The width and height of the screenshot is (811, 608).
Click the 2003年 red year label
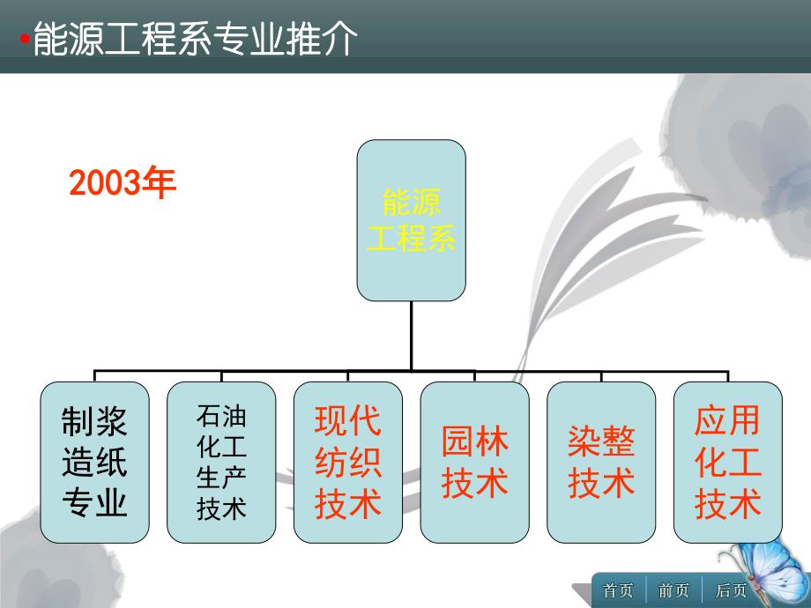pyautogui.click(x=123, y=183)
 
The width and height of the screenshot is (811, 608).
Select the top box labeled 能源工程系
pyautogui.click(x=411, y=220)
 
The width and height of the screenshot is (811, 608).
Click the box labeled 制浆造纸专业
pyautogui.click(x=94, y=461)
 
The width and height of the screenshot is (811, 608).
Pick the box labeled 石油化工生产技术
pyautogui.click(x=221, y=461)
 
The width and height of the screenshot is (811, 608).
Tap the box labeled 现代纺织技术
pyautogui.click(x=348, y=461)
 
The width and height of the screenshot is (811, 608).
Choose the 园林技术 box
pyautogui.click(x=474, y=461)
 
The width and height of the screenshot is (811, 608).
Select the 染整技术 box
pyautogui.click(x=601, y=461)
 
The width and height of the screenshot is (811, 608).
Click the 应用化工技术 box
pyautogui.click(x=727, y=461)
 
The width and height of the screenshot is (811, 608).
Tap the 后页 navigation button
pyautogui.click(x=731, y=590)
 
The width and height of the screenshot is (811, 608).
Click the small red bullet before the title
pyautogui.click(x=25, y=41)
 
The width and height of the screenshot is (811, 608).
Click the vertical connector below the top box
pyautogui.click(x=411, y=335)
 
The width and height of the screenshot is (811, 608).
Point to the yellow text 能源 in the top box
pyautogui.click(x=411, y=204)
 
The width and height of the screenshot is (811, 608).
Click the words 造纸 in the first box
pyautogui.click(x=94, y=462)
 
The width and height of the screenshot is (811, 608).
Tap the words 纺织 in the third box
pyautogui.click(x=348, y=462)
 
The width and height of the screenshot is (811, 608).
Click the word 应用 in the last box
pyautogui.click(x=727, y=420)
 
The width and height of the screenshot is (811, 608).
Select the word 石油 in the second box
pyautogui.click(x=221, y=415)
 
